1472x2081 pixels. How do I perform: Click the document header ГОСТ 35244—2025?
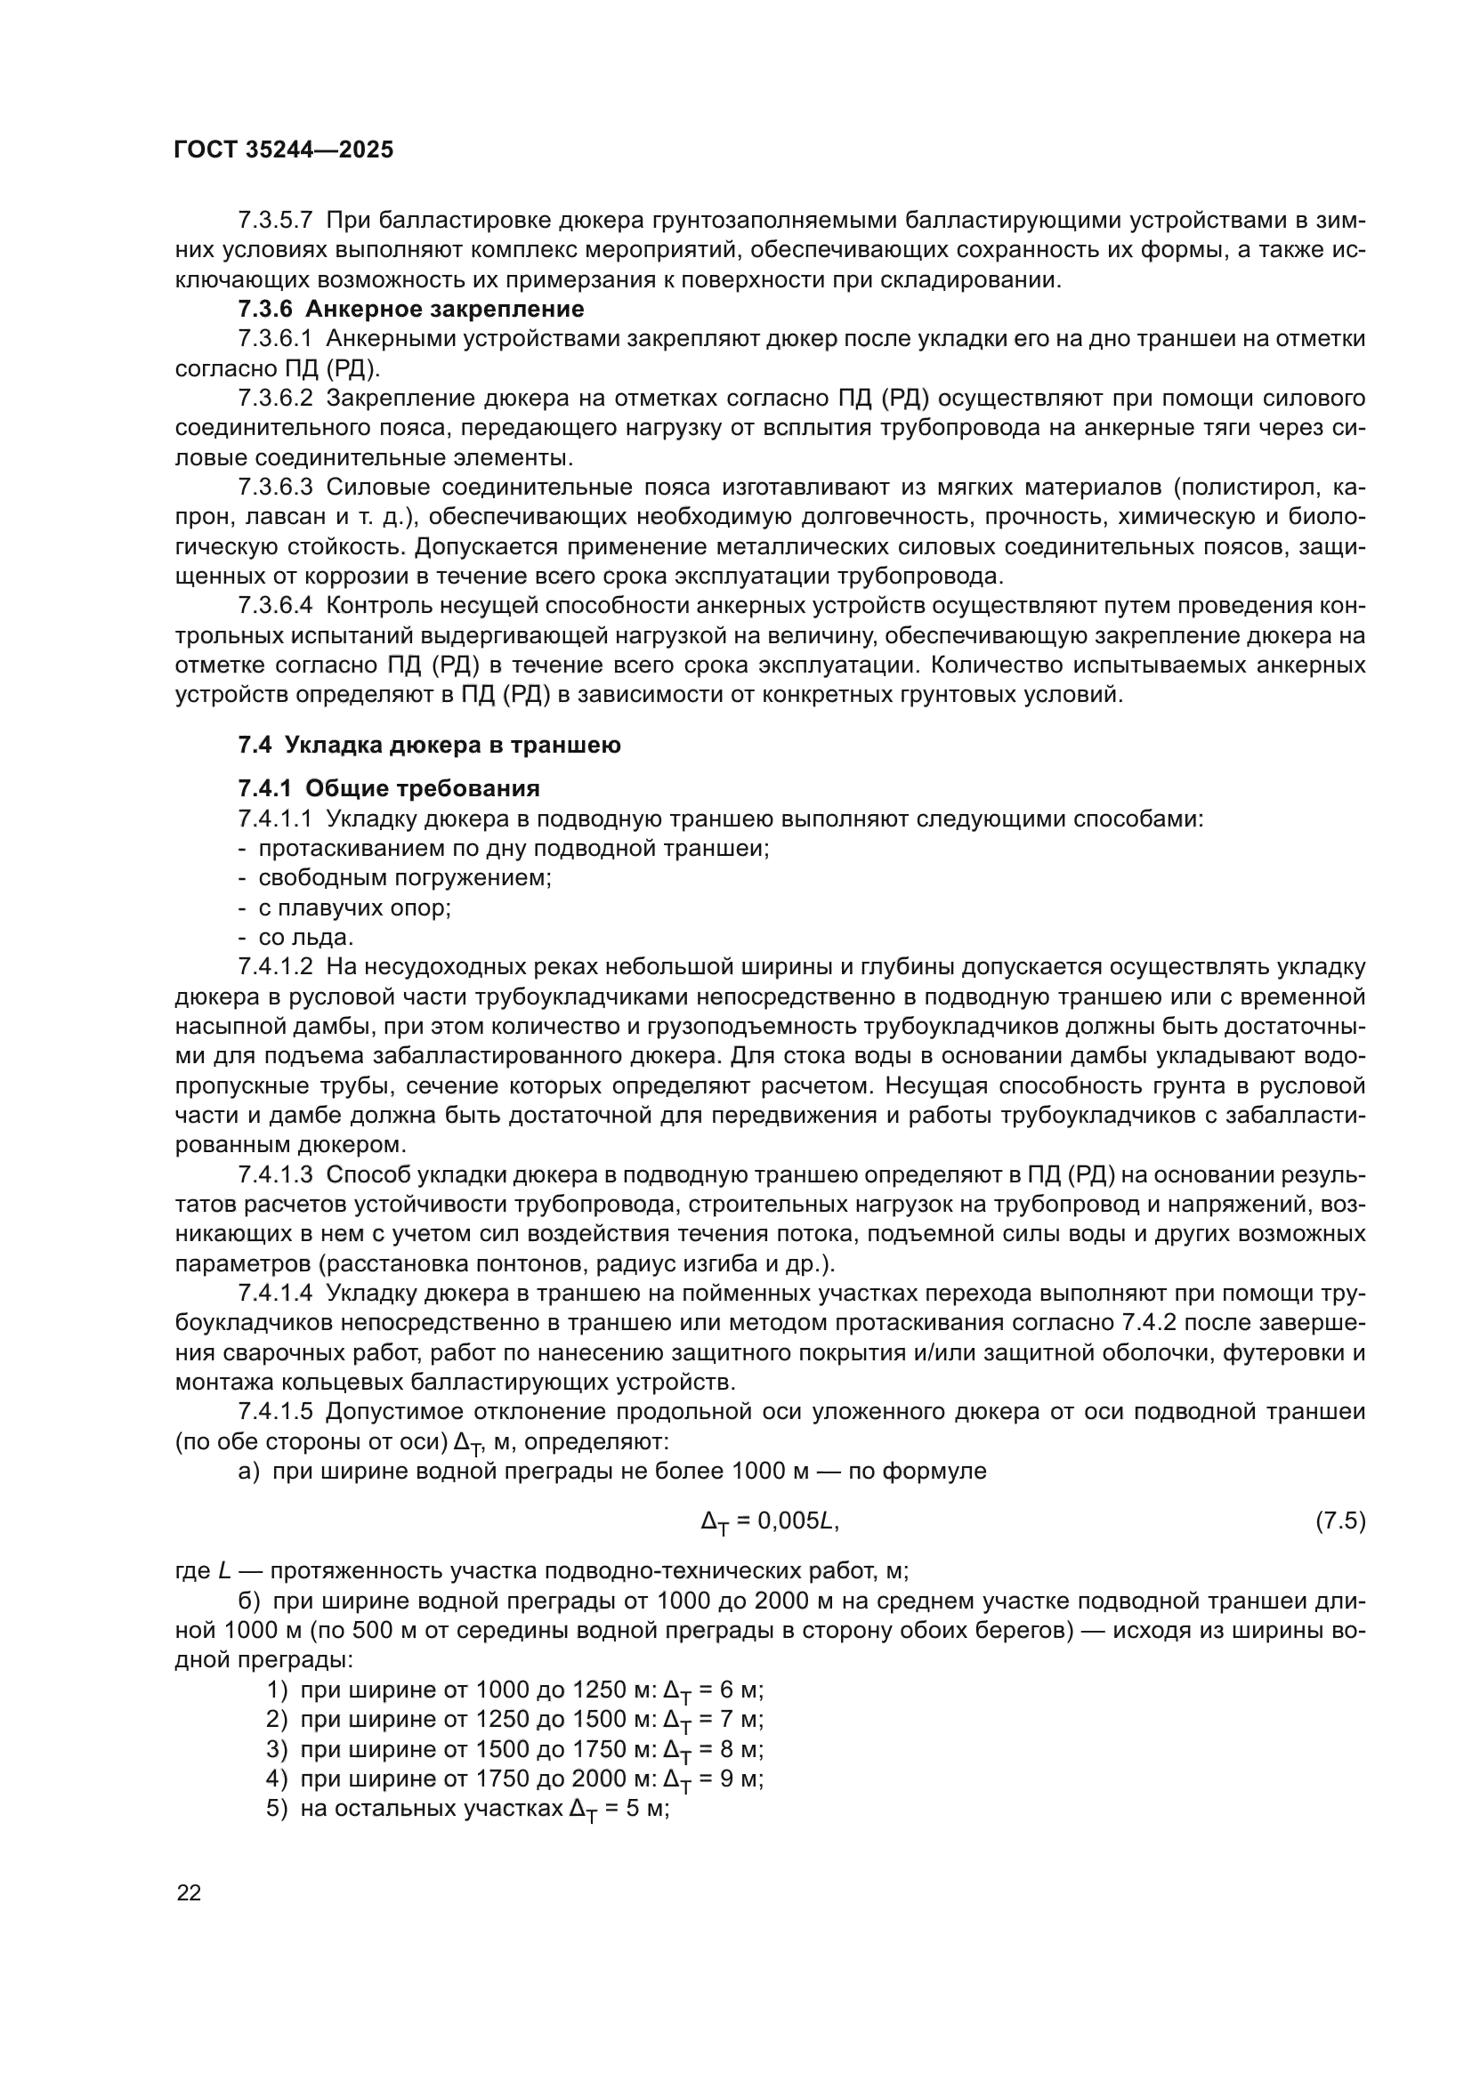(284, 149)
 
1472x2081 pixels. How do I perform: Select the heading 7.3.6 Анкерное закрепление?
(410, 309)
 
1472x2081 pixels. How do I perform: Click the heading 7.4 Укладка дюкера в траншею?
(429, 745)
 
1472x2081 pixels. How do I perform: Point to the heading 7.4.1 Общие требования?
(389, 787)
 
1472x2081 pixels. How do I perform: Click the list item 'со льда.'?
(305, 936)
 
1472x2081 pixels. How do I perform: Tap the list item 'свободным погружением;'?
(404, 877)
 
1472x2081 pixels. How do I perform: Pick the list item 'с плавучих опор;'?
(354, 907)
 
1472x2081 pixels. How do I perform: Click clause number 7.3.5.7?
(276, 221)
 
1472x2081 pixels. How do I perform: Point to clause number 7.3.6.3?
(276, 488)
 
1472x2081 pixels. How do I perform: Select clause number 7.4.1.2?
(276, 967)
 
